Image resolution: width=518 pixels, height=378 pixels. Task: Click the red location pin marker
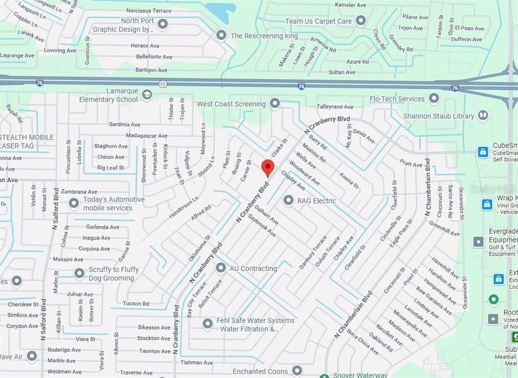coord(268,167)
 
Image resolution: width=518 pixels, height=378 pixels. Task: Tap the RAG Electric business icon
coord(288,200)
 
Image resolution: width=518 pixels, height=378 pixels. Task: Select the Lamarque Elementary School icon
coord(147,94)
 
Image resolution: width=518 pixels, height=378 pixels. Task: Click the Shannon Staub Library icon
coord(483,115)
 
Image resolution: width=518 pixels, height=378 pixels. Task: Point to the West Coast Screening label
coord(231,104)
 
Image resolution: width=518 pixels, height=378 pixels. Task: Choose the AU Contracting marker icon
coord(221,268)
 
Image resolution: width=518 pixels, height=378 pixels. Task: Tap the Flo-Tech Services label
coord(397,99)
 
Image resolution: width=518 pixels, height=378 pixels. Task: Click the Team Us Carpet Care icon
coord(360,21)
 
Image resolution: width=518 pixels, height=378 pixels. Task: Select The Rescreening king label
coord(264,36)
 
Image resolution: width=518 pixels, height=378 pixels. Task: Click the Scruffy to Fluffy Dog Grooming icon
coord(79,273)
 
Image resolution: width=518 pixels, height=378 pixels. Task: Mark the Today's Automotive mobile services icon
coord(74,203)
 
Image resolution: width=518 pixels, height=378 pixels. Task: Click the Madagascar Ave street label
coord(138,135)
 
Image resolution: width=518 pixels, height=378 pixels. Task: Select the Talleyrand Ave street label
coord(335,107)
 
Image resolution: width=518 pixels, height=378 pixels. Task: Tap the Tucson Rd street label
coord(136,303)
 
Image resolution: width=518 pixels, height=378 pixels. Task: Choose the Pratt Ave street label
coord(410,164)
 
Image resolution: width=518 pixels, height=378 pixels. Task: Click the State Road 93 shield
coord(163,84)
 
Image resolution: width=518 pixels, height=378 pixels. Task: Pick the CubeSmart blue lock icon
coord(483,152)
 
